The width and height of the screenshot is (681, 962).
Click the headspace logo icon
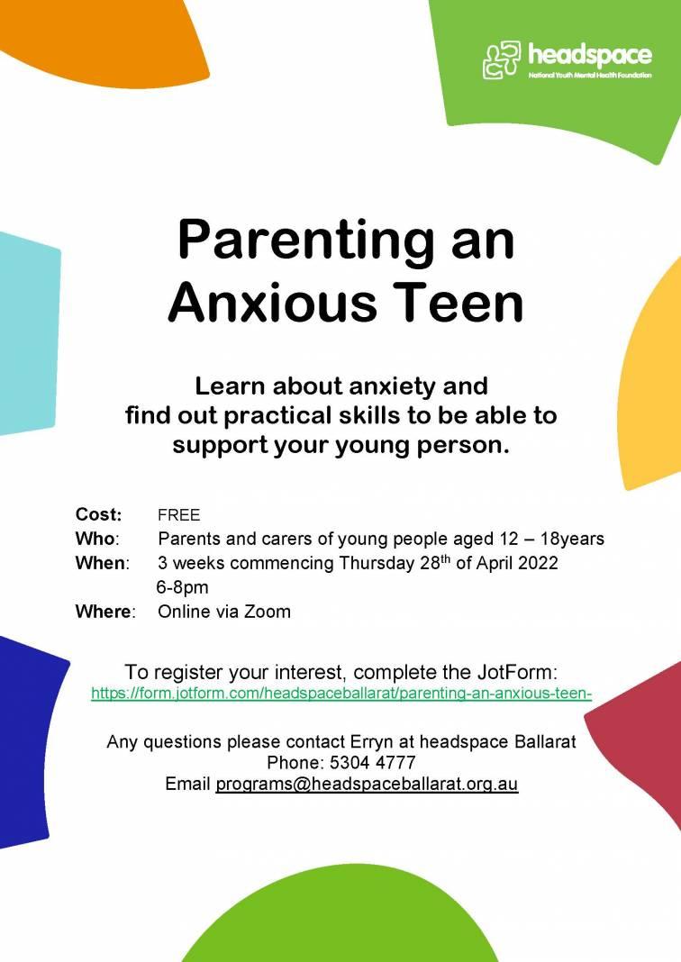(x=502, y=60)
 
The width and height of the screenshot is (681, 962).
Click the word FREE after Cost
(x=178, y=514)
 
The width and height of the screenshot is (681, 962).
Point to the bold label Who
(x=95, y=539)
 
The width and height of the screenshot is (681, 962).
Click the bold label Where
(x=103, y=612)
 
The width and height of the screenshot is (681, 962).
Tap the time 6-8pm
(x=182, y=587)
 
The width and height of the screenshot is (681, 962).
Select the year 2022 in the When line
(x=538, y=563)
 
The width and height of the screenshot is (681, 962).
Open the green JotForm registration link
(x=341, y=694)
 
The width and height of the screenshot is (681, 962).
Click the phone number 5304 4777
(x=372, y=763)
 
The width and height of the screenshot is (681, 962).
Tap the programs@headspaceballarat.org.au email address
(x=367, y=784)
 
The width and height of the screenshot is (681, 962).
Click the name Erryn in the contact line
(x=371, y=742)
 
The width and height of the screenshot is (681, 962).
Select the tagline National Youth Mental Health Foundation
(x=590, y=76)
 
